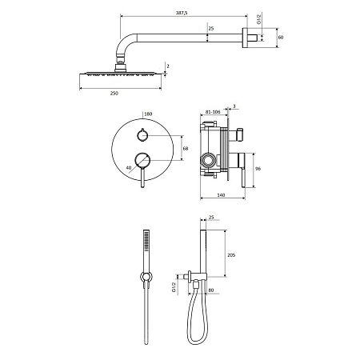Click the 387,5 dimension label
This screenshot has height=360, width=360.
pyautogui.click(x=182, y=13)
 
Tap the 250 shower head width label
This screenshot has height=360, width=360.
pyautogui.click(x=114, y=93)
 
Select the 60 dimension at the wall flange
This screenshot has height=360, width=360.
pyautogui.click(x=281, y=38)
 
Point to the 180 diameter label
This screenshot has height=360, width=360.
pyautogui.click(x=148, y=114)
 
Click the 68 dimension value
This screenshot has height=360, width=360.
pyautogui.click(x=186, y=148)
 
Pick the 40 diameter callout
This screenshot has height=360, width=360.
pyautogui.click(x=129, y=168)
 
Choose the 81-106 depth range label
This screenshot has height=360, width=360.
pyautogui.click(x=213, y=112)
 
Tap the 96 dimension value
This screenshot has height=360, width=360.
pyautogui.click(x=258, y=169)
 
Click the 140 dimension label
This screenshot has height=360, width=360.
pyautogui.click(x=221, y=195)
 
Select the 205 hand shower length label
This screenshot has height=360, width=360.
pyautogui.click(x=231, y=255)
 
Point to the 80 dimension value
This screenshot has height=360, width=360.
pyautogui.click(x=211, y=290)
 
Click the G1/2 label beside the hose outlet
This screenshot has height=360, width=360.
pyautogui.click(x=174, y=286)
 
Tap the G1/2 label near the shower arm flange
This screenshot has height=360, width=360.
pyautogui.click(x=259, y=18)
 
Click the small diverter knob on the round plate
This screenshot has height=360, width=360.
pyautogui.click(x=142, y=135)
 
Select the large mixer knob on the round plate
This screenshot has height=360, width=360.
pyautogui.click(x=142, y=161)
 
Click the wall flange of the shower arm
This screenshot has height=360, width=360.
pyautogui.click(x=245, y=38)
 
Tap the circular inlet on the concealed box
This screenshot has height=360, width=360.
pyautogui.click(x=207, y=161)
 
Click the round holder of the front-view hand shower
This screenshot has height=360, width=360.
pyautogui.click(x=146, y=277)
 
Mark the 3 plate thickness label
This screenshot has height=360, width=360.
pyautogui.click(x=234, y=106)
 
